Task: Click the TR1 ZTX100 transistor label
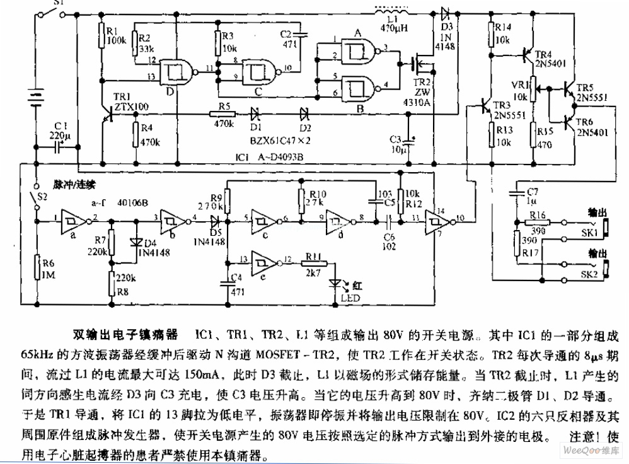(x=129, y=102)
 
